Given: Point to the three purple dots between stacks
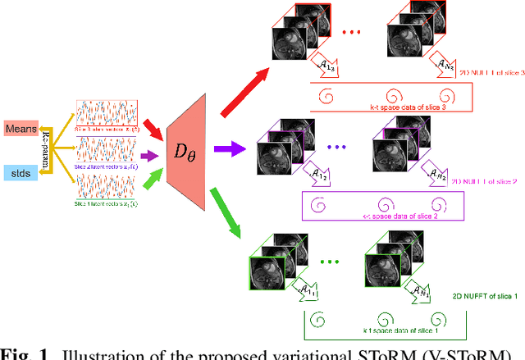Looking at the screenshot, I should coord(337,148).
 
